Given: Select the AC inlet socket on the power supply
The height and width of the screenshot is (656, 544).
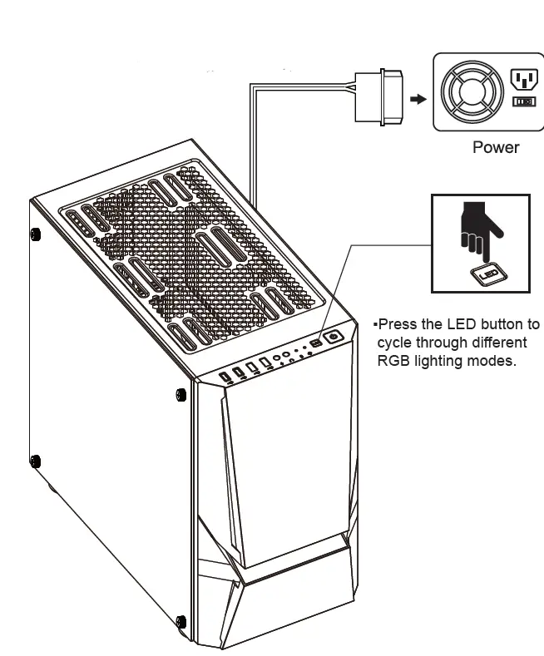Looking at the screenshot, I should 522,80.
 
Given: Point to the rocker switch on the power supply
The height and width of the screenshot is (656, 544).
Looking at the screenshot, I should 522,101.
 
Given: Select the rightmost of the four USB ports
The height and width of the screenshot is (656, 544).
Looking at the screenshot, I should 265,363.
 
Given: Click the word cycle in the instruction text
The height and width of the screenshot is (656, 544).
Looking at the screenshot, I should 395,343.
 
